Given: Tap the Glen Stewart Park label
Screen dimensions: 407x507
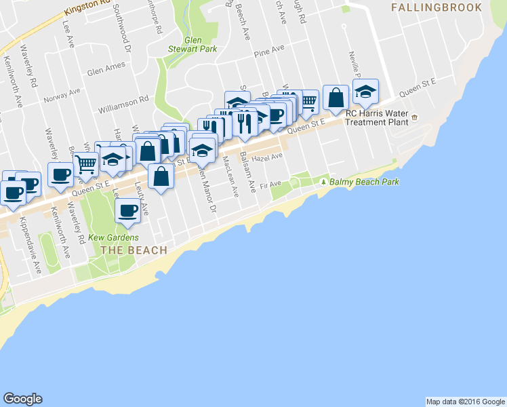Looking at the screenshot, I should [x=192, y=44].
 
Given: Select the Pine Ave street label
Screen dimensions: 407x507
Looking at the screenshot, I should [x=268, y=51].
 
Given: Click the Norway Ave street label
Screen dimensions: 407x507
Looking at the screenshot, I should [x=62, y=94].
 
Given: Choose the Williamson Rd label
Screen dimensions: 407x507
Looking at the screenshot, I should [x=123, y=100].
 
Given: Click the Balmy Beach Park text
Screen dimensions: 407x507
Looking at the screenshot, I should [x=365, y=182].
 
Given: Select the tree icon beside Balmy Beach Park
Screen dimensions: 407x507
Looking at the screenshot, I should [x=324, y=182].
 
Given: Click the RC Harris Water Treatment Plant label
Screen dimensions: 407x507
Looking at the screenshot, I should [x=378, y=118].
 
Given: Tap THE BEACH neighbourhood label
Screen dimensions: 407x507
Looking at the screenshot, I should [x=134, y=250].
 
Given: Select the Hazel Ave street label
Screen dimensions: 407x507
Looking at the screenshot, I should [x=267, y=157].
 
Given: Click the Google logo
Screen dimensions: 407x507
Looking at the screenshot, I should [x=22, y=399].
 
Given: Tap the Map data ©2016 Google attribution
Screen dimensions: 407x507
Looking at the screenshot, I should [x=465, y=402].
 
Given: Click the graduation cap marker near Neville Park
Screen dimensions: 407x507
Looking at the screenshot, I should [x=365, y=94].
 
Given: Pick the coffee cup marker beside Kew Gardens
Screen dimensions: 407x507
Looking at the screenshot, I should [x=127, y=210].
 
